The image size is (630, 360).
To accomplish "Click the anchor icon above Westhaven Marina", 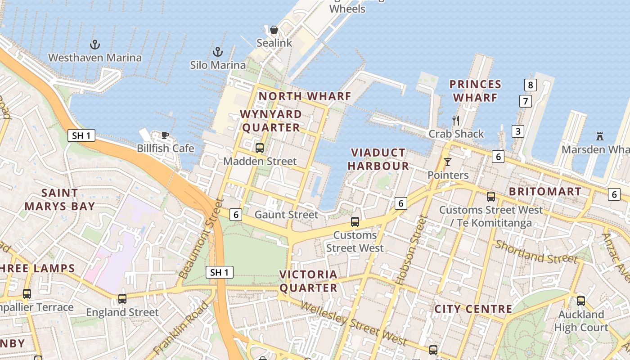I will [94, 45].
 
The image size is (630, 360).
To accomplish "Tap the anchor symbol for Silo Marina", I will [218, 52].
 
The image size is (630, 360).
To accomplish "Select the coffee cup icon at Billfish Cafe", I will [165, 135].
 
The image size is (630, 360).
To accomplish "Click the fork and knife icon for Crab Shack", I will [456, 120].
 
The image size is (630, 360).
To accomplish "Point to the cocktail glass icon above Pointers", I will [447, 162].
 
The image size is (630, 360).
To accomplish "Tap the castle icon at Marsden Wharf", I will [599, 136].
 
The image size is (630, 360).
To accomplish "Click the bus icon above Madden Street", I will [259, 148].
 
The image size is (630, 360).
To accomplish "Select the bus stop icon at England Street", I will [122, 298].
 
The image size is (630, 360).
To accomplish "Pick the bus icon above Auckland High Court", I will [581, 301].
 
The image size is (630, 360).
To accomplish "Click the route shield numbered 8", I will [531, 85].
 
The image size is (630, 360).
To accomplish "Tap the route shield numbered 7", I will [525, 101].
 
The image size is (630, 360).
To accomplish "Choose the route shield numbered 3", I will [518, 131].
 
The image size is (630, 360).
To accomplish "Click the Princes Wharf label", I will [475, 91].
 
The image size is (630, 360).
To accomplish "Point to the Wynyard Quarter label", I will [271, 121].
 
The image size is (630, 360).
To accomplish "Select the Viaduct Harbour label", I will [378, 159].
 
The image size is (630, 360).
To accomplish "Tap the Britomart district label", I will [545, 192].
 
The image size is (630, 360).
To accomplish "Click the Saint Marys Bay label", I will [59, 200].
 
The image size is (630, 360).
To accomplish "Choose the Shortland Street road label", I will [536, 252].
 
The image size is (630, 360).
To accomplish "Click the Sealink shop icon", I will [274, 30].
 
